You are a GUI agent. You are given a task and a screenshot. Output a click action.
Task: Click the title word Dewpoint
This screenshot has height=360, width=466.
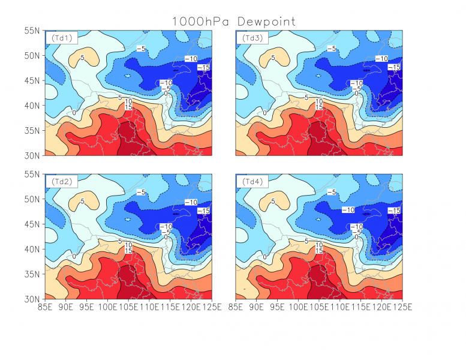pos(266,22)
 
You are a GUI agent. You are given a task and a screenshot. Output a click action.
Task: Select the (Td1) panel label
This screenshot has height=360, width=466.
pos(61,38)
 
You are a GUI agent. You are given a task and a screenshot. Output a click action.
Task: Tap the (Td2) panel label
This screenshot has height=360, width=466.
pos(61,181)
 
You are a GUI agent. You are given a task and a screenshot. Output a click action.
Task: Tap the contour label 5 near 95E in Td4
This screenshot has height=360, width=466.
pos(273,202)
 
